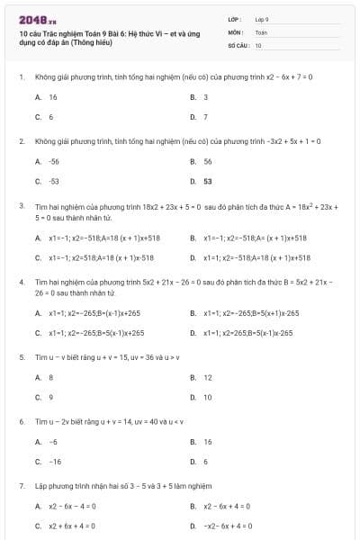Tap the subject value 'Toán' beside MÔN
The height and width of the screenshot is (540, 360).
tap(262, 31)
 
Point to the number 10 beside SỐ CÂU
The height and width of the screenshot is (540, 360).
tap(258, 44)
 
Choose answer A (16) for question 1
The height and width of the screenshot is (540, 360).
tap(53, 96)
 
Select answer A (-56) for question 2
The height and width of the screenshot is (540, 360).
tap(55, 160)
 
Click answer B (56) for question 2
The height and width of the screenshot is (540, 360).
tap(208, 160)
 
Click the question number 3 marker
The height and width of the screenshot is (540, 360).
tap(21, 206)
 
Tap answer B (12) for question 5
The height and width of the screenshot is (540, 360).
tap(208, 377)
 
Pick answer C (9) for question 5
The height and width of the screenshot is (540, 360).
tap(50, 397)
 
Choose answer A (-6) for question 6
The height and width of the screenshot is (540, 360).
tap(54, 442)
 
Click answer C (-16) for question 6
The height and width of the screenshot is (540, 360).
tap(55, 462)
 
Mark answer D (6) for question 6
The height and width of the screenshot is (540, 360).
tap(205, 462)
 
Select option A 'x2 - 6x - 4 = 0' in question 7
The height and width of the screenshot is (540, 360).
tap(73, 506)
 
